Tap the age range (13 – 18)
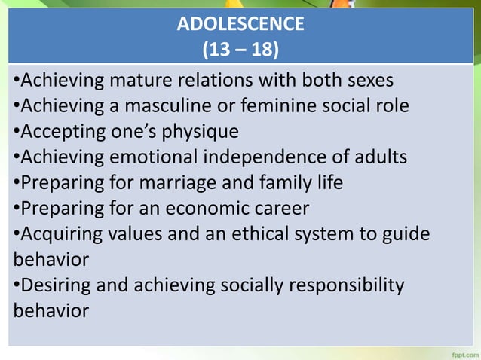point(240,51)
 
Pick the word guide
point(407,234)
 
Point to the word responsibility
point(342,285)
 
